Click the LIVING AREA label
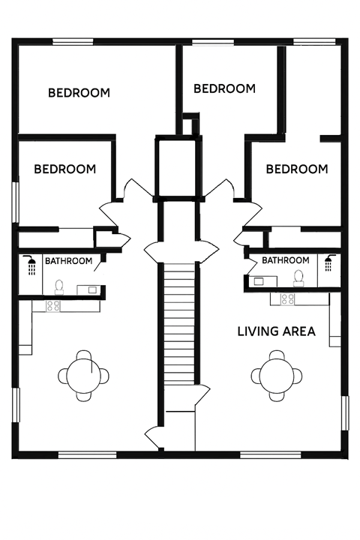point(276,331)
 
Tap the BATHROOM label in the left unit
point(69,262)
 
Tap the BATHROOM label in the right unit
point(285,260)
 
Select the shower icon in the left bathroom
point(31,265)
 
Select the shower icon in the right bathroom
point(328,264)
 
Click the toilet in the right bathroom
point(299,278)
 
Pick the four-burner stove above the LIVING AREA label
point(288,299)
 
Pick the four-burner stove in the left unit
point(52,305)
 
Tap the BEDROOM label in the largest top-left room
point(79,94)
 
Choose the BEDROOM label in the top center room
point(224,88)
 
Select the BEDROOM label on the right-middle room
point(297,169)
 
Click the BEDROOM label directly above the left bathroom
point(65,169)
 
